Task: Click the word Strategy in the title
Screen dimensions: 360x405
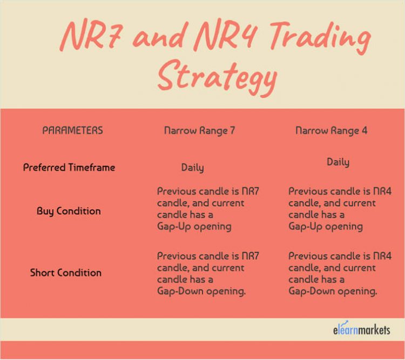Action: click(216, 78)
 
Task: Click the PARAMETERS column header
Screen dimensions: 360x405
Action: click(72, 130)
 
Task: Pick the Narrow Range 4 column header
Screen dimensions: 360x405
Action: click(331, 130)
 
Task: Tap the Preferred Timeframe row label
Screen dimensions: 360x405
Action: click(69, 168)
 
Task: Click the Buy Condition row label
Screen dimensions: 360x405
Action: click(69, 211)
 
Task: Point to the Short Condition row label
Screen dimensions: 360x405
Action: click(65, 272)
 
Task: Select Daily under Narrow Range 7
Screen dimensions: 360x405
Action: click(192, 168)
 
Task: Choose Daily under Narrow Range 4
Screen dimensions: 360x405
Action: click(337, 162)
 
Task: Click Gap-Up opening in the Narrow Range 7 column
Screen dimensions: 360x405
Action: click(194, 226)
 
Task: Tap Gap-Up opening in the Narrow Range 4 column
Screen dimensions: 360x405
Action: click(325, 226)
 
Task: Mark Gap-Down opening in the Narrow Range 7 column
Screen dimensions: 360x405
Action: click(201, 291)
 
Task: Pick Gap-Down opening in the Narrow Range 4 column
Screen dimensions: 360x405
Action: click(332, 291)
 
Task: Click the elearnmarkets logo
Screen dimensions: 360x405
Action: click(361, 329)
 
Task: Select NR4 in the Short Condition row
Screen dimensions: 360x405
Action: click(381, 256)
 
